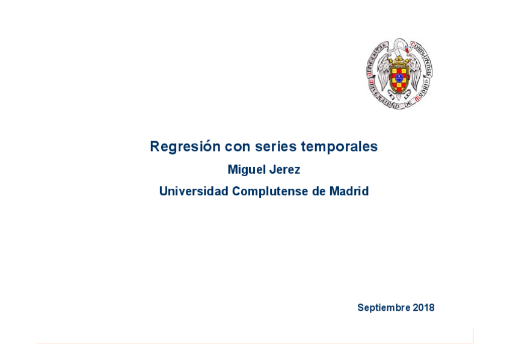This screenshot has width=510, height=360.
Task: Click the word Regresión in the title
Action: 185,147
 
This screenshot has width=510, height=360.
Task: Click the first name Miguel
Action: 246,170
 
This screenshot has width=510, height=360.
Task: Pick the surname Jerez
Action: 284,170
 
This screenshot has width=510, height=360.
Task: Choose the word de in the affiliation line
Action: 318,192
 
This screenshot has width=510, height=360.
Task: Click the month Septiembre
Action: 384,308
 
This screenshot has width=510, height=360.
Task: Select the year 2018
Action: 423,308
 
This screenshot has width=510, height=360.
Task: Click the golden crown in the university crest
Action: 399,60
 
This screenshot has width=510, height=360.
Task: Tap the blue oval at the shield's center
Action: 399,78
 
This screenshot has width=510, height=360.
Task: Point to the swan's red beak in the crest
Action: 407,50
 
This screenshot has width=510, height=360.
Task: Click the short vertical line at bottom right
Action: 473,335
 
